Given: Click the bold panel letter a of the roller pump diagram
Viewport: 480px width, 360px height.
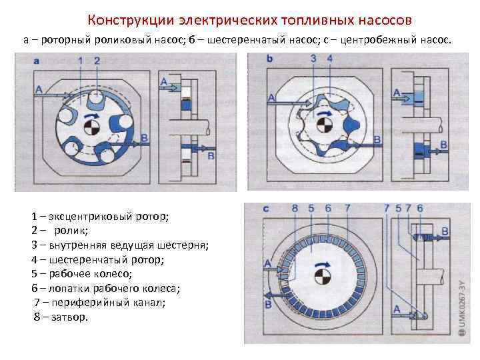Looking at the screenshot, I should [37, 61].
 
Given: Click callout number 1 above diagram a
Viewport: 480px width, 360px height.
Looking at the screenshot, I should [81, 61].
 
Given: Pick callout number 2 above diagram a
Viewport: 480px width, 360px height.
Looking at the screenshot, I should [97, 61].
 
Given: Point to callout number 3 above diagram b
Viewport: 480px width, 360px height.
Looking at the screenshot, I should [313, 59].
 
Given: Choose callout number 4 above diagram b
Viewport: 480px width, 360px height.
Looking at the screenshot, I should [329, 59].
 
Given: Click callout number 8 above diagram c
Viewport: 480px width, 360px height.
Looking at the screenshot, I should [295, 209].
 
